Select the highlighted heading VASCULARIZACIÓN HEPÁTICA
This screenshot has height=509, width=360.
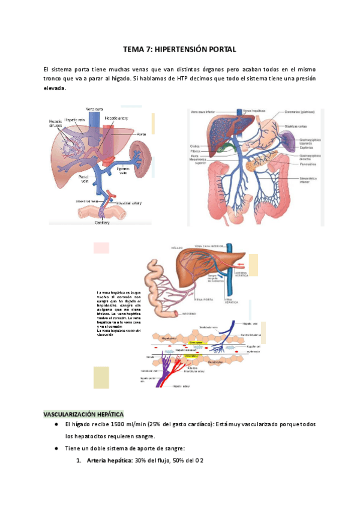83,414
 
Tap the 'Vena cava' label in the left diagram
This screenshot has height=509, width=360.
94,109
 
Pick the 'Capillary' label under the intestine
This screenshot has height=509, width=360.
102,221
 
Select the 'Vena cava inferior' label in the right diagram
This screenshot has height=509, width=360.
203,112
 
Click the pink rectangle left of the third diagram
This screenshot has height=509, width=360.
101,247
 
